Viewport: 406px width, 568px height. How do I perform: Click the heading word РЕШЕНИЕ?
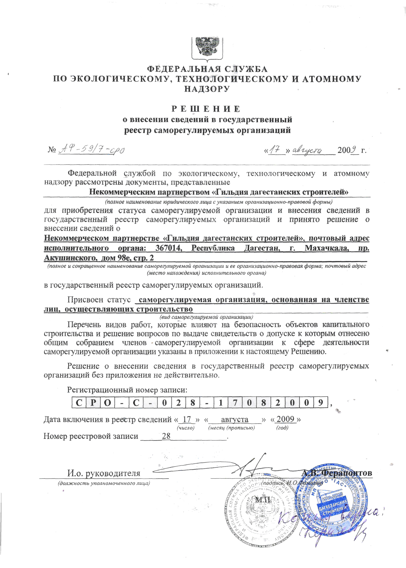pos(206,109)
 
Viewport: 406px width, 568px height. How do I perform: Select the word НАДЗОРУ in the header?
pos(207,89)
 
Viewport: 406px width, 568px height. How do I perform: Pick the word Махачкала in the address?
pos(326,248)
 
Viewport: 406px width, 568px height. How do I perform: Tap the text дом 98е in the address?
pos(114,258)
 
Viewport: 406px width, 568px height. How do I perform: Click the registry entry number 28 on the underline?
pos(166,436)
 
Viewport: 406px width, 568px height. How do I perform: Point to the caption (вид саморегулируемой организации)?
pos(206,317)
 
